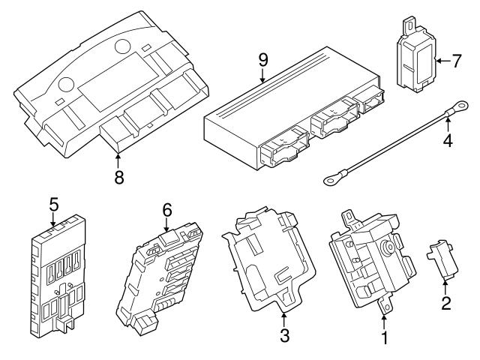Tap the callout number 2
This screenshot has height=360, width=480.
point(445,303)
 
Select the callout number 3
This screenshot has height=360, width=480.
point(284,335)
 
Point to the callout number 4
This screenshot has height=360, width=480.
point(447,140)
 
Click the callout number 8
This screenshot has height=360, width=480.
point(117,178)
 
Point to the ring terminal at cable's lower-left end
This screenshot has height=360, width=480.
point(331,179)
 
